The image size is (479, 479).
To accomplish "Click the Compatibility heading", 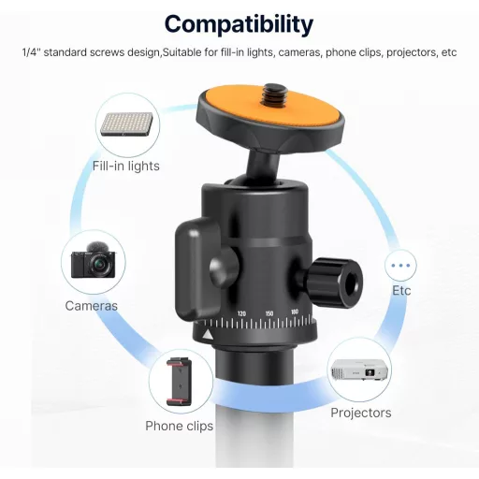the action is coord(239,24).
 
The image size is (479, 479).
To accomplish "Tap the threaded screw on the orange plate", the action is coord(271,94).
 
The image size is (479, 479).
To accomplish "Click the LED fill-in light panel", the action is coord(127,124).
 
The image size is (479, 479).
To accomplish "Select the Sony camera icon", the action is coord(94,260).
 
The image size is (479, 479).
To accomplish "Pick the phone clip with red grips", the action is coord(180,382).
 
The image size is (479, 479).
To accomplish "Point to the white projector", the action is coord(359,370).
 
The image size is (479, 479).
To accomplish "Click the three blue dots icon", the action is coord(400,266).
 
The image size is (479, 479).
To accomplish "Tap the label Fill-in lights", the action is coord(126,166).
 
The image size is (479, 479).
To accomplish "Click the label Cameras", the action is coord(92,306).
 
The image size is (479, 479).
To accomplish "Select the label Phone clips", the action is coord(180,426).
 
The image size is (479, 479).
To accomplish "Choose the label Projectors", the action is coord(361,413).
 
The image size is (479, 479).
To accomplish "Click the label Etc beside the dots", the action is coord(401,290).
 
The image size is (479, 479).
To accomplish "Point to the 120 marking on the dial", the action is coord(241,313).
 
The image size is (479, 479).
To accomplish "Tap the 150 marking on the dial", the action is coord(269,313).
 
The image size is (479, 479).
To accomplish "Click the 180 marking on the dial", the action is coord(295,312).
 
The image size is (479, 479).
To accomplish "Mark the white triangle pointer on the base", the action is coord(208,335).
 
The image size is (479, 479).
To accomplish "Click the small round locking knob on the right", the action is coord(334,283).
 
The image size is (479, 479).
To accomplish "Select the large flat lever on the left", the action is coord(197,268).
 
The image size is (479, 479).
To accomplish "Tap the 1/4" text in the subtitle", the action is coord(31,52).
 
